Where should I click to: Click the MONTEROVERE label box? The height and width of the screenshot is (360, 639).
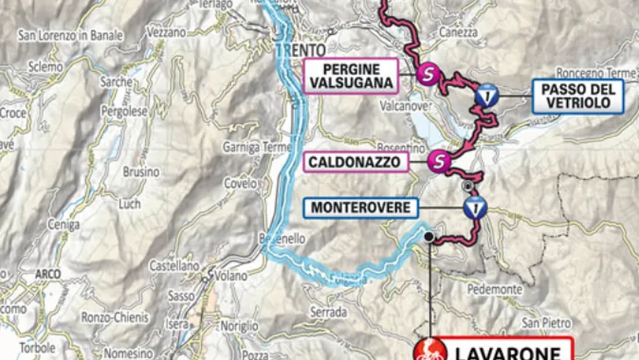[360, 208]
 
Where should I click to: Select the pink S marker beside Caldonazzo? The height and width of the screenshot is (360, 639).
[440, 161]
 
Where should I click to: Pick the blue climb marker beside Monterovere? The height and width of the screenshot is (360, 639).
[475, 208]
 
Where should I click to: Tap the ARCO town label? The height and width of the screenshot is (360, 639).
[47, 274]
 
